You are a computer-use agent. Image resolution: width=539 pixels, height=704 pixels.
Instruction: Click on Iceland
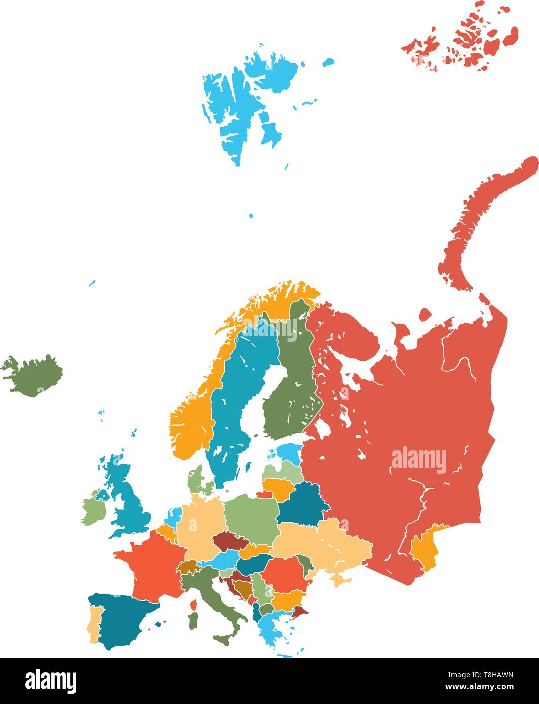point(33,375)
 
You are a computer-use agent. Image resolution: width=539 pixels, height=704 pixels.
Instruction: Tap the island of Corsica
point(193,604)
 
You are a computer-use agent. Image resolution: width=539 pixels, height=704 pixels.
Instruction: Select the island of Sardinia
point(192,620)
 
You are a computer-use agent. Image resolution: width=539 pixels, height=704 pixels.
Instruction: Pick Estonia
point(290,452)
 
